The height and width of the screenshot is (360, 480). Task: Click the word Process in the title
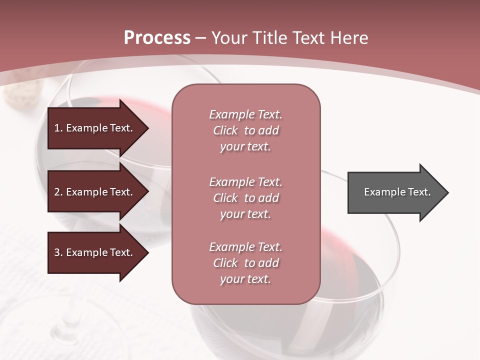pyautogui.click(x=157, y=38)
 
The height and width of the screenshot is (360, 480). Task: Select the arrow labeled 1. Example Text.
pyautogui.click(x=95, y=128)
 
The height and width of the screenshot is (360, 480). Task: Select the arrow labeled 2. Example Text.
pyautogui.click(x=95, y=192)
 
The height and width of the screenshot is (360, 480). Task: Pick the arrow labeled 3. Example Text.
pyautogui.click(x=95, y=252)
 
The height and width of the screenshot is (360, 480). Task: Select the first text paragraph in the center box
pyautogui.click(x=245, y=130)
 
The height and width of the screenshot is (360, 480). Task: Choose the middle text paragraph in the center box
pyautogui.click(x=245, y=198)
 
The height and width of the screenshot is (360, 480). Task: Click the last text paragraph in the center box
pyautogui.click(x=245, y=263)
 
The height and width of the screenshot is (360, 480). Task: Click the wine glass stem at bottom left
pyautogui.click(x=70, y=320)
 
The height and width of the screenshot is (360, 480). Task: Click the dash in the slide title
pyautogui.click(x=200, y=38)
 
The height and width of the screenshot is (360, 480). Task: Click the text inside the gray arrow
pyautogui.click(x=397, y=192)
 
